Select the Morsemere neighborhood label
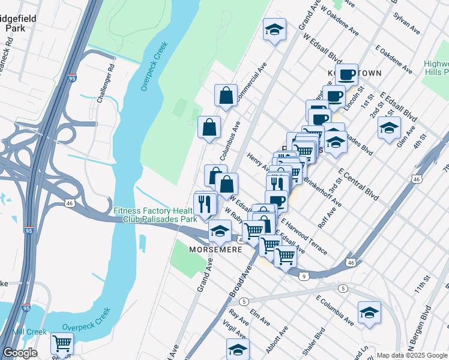(x=214, y=249)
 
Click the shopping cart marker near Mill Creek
(x=62, y=344)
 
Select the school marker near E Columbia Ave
(x=369, y=313)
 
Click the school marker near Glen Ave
(x=389, y=128)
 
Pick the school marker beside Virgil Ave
(x=238, y=350)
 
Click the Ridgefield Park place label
(x=20, y=23)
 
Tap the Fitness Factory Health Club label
(x=155, y=215)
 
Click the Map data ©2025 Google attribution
(x=412, y=355)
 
